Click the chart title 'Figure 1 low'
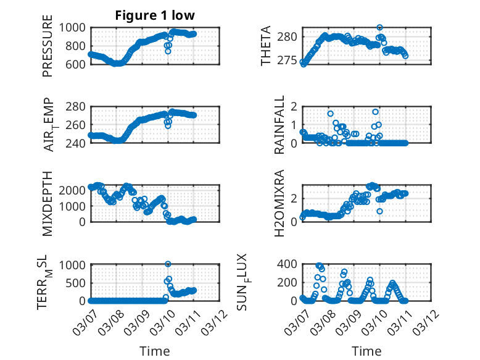click(155, 16)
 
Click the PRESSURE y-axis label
click(48, 51)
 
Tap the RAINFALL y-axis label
click(279, 125)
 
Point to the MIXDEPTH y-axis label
click(48, 203)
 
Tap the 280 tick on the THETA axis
click(289, 36)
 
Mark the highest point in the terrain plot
click(168, 264)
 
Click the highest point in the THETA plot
click(380, 28)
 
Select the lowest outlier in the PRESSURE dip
click(168, 51)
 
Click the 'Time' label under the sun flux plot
click(366, 351)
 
